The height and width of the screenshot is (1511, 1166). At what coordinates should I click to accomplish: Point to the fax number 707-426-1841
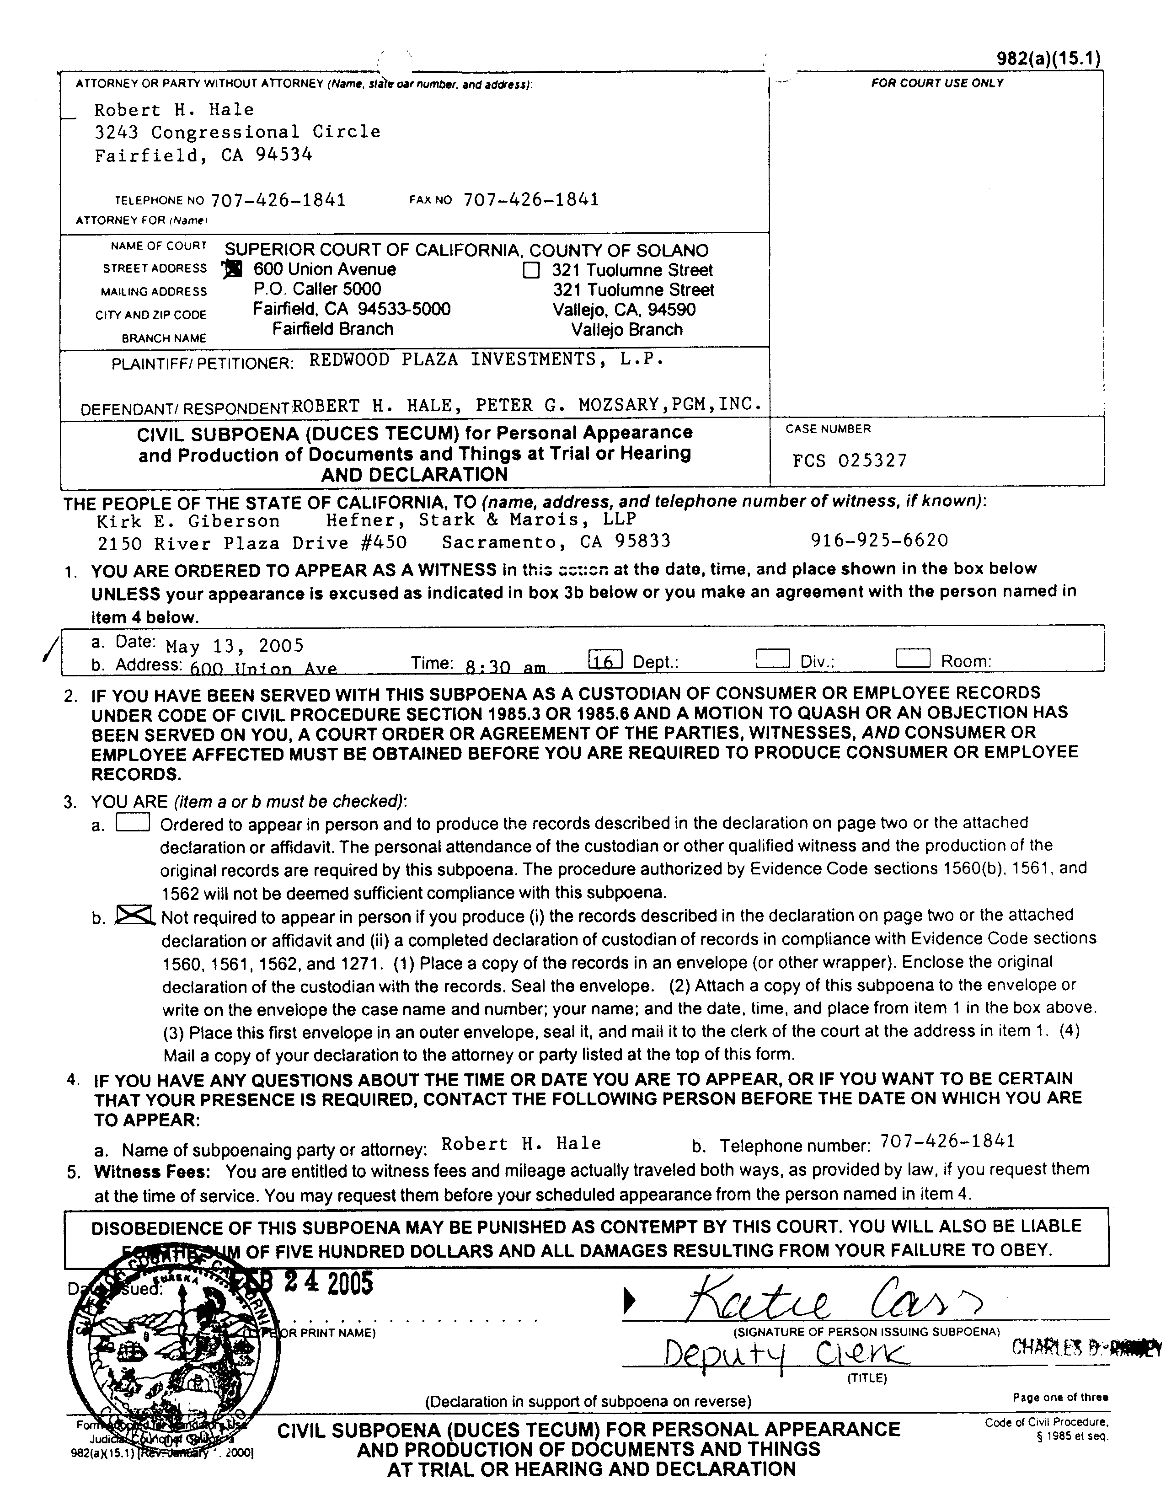(x=530, y=199)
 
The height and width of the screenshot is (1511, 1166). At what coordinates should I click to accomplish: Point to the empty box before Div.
(x=773, y=658)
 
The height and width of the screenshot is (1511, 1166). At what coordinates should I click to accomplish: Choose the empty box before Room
(x=913, y=658)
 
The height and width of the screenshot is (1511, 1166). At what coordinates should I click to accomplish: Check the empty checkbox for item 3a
(x=133, y=822)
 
